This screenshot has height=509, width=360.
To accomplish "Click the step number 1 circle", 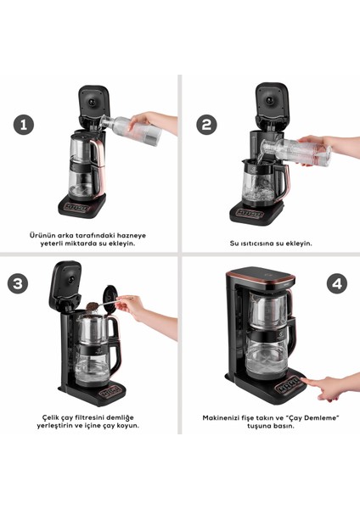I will (x=24, y=124).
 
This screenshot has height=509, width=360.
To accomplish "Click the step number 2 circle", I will (x=206, y=124).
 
